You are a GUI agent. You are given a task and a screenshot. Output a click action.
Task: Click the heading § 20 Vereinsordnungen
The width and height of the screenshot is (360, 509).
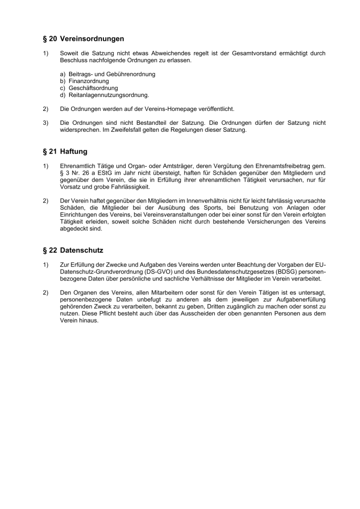pos(84,38)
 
